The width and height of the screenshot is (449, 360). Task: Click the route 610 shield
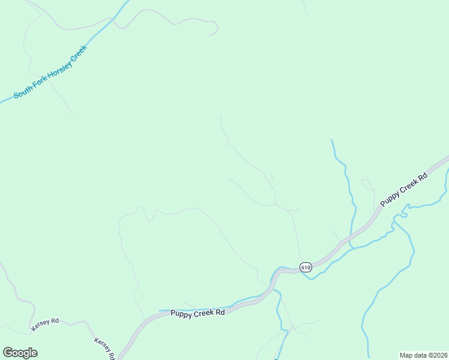[x=306, y=267]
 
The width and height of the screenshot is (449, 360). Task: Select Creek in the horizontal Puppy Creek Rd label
[x=204, y=313]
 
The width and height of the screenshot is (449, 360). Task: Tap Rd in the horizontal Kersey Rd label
[x=55, y=322]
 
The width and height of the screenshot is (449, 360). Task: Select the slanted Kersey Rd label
[x=103, y=347]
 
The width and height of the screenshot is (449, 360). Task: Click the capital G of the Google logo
[x=7, y=353]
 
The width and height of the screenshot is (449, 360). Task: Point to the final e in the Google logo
[x=34, y=353]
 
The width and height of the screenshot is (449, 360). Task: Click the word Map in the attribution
[x=406, y=355]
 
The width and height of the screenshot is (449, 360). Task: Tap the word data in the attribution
[x=420, y=355]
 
